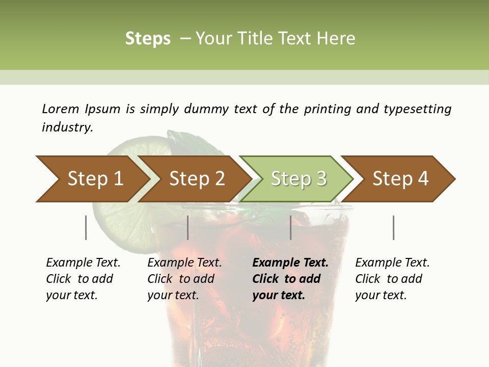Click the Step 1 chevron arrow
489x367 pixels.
click(x=92, y=178)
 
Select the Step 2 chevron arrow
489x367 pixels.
click(x=196, y=178)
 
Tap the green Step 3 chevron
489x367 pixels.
click(x=298, y=178)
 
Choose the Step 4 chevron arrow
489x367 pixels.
click(x=400, y=178)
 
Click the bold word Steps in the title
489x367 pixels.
click(x=148, y=39)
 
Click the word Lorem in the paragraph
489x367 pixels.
click(x=60, y=109)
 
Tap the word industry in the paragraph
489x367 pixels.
click(x=67, y=127)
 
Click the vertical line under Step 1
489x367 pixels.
click(x=86, y=227)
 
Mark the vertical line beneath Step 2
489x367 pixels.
click(x=188, y=227)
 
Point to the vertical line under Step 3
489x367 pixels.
click(x=290, y=227)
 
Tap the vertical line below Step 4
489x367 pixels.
click(x=393, y=227)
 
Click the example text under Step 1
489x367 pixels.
click(x=83, y=279)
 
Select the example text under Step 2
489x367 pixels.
click(x=184, y=279)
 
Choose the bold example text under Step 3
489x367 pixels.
click(x=290, y=279)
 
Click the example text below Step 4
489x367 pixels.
click(x=392, y=279)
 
